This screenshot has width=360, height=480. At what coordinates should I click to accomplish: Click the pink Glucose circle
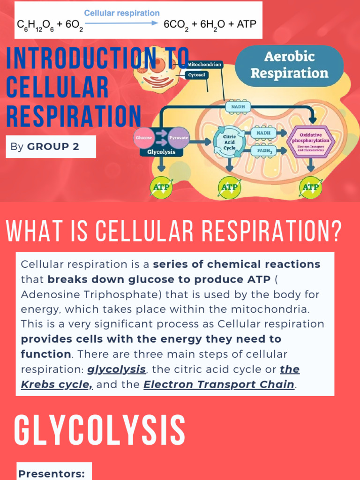[x=144, y=138]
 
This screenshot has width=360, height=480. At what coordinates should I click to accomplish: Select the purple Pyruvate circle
[x=179, y=138]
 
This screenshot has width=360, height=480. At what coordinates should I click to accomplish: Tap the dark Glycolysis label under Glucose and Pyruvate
[x=162, y=152]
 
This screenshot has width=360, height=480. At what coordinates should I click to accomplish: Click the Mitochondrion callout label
[x=204, y=64]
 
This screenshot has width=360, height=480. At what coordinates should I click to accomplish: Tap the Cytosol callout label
[x=196, y=75]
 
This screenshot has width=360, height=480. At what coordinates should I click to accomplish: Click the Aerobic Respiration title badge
[x=289, y=65]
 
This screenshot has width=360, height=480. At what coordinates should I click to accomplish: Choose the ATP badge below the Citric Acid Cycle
[x=229, y=187]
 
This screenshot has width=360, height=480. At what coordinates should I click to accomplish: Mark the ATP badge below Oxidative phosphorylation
[x=310, y=187]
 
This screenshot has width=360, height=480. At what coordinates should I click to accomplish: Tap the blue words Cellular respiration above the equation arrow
[x=121, y=13]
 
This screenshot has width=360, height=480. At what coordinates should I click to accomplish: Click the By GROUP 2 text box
[x=51, y=147]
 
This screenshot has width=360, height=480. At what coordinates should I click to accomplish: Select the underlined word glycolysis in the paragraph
[x=116, y=369]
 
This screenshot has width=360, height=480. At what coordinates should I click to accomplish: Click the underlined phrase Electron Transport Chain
[x=219, y=385]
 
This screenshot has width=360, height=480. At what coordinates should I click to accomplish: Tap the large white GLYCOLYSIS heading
[x=99, y=430]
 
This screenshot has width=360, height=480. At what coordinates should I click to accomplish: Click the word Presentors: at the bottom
[x=52, y=474]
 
